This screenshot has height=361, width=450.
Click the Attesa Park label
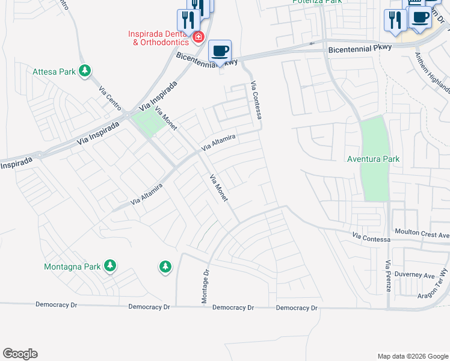coord(55,72)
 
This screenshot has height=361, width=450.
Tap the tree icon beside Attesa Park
coord(85,72)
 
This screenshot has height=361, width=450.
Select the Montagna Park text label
coord(72,266)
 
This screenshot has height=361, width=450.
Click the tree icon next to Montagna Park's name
coord(109,265)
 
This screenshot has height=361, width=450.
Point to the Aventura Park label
coord(374,159)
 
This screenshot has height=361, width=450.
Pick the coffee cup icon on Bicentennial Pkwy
coord(220,51)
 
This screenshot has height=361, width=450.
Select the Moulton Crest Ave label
coord(422,232)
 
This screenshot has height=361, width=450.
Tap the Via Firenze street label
coord(389,276)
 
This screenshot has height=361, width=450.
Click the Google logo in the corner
coord(20,354)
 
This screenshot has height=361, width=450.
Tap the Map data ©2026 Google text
coord(412,356)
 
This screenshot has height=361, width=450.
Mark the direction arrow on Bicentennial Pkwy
coord(311,43)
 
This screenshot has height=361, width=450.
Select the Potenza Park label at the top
coord(317,2)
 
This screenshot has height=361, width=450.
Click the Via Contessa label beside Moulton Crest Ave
coord(371,239)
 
